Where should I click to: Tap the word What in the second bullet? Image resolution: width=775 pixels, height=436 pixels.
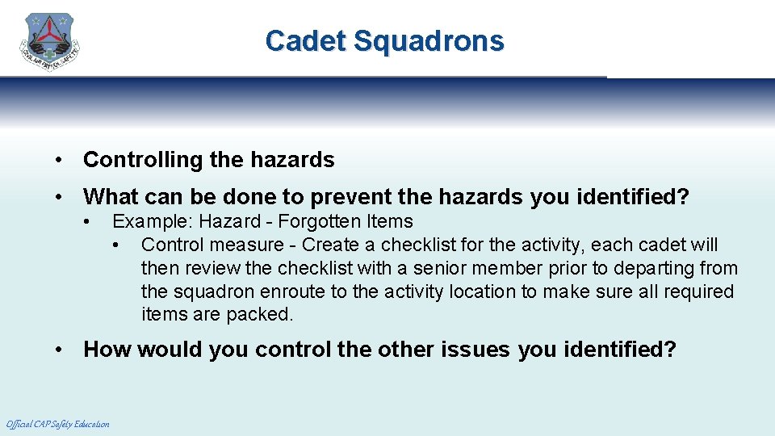coord(110,196)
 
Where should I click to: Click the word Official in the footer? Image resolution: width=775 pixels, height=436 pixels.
coord(19,424)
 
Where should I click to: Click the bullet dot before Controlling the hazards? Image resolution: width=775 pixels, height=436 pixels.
coord(60,160)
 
